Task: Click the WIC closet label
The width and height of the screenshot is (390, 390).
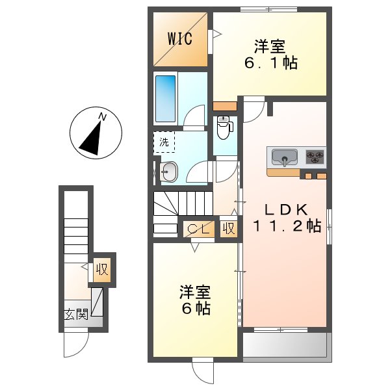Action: pyautogui.click(x=180, y=38)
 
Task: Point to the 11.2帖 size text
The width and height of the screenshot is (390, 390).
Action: pyautogui.click(x=287, y=226)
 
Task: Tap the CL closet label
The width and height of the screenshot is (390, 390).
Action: pyautogui.click(x=197, y=229)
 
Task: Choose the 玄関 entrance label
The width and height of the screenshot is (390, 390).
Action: pyautogui.click(x=75, y=315)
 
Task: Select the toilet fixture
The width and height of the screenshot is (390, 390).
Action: pyautogui.click(x=224, y=127)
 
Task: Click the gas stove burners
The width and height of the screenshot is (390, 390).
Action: pyautogui.click(x=315, y=157)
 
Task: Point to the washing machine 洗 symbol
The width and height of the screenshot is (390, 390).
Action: pyautogui.click(x=163, y=142)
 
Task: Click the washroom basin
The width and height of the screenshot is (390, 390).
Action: pyautogui.click(x=169, y=172)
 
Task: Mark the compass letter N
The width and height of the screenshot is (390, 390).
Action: pyautogui.click(x=102, y=117)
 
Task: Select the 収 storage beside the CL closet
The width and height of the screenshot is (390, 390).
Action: pyautogui.click(x=228, y=229)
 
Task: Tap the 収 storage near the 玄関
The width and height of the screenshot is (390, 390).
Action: pyautogui.click(x=102, y=268)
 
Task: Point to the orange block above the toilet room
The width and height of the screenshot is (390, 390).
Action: pyautogui.click(x=225, y=106)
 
